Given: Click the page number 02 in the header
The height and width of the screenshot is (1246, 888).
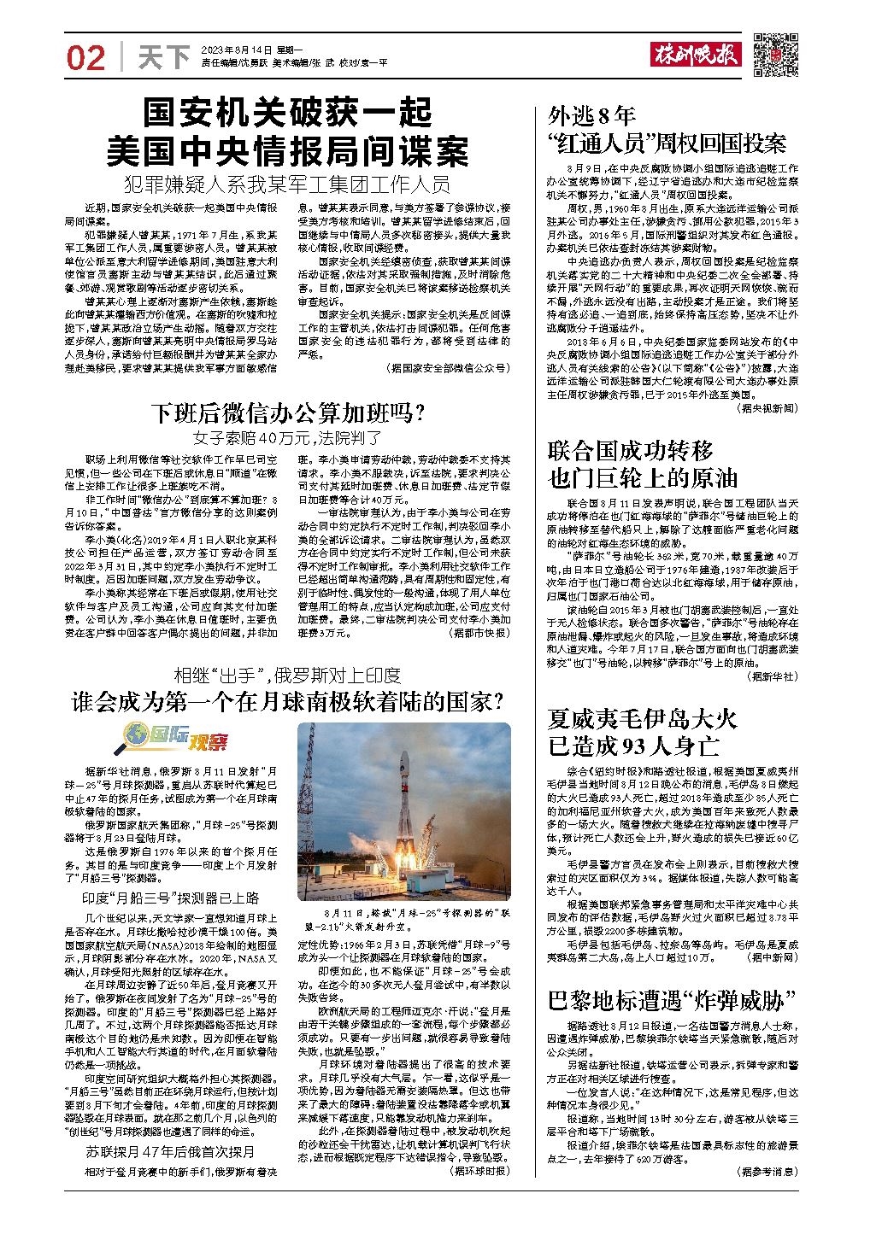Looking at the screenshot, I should pos(85,57).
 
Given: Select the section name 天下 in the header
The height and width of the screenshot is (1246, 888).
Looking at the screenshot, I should pos(163,57).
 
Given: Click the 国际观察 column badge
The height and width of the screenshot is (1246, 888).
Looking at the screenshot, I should pos(178,735).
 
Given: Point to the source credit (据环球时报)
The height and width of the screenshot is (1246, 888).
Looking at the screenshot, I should pos(479,1171).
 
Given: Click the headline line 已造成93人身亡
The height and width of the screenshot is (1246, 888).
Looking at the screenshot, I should pos(632,746).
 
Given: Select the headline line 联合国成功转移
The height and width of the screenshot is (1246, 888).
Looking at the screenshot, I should pos(630,451).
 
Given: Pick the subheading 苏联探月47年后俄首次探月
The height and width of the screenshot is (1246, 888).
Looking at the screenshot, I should pos(170,1152).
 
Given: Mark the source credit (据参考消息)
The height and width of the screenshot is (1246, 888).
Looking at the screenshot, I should pos(766,1173).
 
